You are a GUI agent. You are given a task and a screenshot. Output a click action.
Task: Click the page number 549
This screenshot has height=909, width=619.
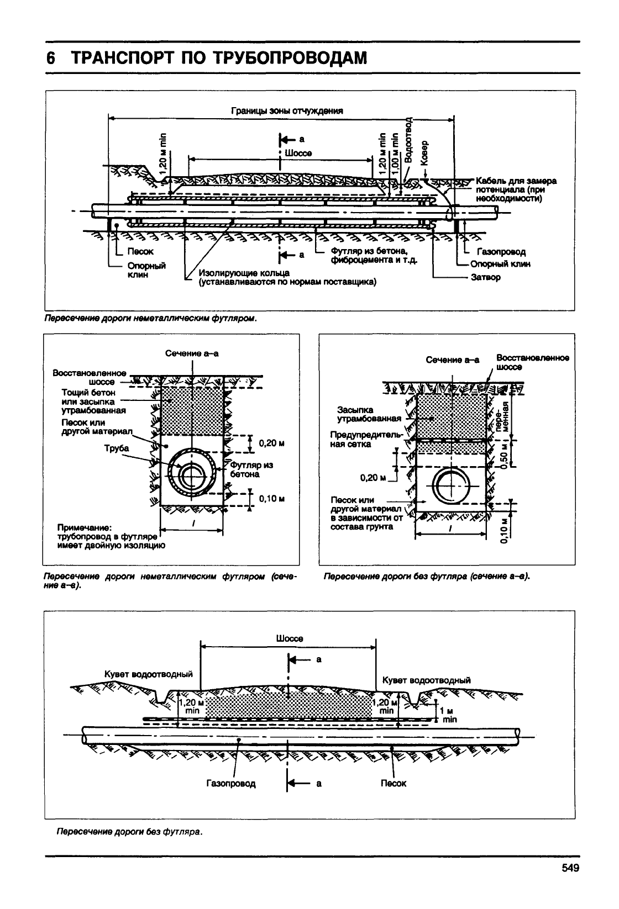570,868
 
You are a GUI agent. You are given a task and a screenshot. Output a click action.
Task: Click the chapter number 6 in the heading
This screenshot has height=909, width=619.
50,58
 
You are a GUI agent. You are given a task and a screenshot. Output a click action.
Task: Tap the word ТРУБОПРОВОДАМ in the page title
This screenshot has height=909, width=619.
290,58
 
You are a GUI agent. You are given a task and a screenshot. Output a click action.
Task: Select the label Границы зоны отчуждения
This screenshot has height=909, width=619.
287,111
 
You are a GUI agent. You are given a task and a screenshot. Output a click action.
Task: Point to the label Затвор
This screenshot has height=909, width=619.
486,277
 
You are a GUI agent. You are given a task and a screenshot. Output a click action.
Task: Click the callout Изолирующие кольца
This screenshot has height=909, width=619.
244,273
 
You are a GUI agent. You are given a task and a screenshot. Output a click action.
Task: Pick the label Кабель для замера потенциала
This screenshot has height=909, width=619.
516,190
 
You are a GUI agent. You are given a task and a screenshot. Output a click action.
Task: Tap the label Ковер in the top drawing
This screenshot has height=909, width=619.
424,153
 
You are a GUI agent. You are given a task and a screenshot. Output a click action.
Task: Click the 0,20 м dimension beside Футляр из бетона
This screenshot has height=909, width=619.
272,443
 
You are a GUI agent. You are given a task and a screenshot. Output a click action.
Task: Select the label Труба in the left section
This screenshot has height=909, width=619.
117,448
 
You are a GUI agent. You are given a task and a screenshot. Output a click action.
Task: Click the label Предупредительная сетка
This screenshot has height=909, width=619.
367,440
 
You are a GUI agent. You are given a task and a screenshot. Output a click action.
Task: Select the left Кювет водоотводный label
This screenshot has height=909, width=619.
149,674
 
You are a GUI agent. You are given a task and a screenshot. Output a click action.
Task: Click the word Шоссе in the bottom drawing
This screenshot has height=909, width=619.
289,638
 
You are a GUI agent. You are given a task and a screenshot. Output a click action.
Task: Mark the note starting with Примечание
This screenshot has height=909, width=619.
111,536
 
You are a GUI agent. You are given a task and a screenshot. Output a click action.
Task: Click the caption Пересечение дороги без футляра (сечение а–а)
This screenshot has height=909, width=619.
427,576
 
